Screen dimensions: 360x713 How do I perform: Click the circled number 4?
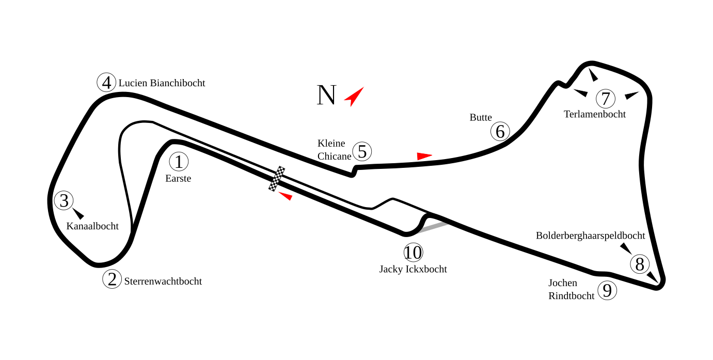pos(106,83)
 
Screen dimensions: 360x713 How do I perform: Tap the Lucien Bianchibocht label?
pos(162,83)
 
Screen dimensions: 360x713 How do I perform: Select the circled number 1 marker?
pos(179,162)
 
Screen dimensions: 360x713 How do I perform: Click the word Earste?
pos(178,179)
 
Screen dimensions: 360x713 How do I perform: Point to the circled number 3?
pos(64,200)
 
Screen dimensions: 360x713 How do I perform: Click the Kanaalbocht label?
pos(92,226)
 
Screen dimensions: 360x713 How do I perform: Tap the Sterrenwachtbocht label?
pos(163,281)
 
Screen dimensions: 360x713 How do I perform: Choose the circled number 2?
pos(112,279)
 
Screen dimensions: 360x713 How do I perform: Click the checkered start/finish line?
pos(277,179)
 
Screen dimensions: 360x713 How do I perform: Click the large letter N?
pos(326,96)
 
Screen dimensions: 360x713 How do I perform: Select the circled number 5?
pos(362,152)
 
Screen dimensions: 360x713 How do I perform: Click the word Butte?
pos(481,117)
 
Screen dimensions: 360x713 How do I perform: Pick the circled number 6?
pos(500,132)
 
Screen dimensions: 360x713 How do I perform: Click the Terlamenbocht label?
pos(594,114)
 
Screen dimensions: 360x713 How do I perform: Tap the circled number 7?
pos(606,98)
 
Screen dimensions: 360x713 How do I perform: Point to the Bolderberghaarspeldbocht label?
pos(590,236)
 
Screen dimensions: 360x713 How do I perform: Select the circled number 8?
pos(640,264)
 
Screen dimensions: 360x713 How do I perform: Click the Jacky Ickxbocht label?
pos(413,269)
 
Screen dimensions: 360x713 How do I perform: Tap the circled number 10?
pos(413,253)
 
